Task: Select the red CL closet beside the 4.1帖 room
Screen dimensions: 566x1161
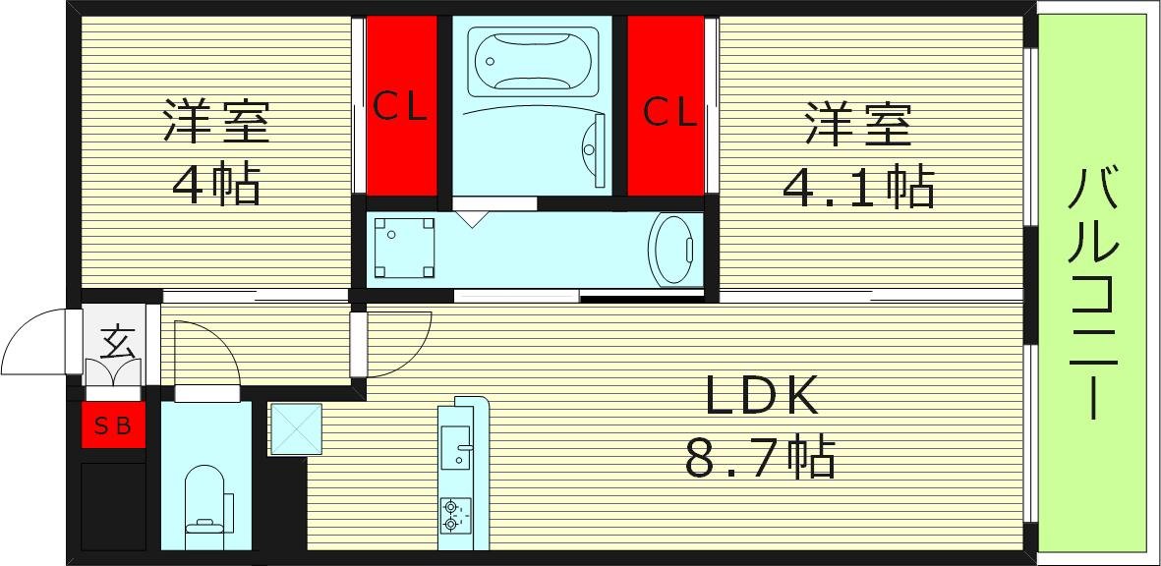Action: click(x=667, y=106)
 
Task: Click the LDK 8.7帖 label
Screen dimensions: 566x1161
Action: click(x=760, y=427)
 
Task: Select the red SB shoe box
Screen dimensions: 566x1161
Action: click(x=113, y=425)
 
